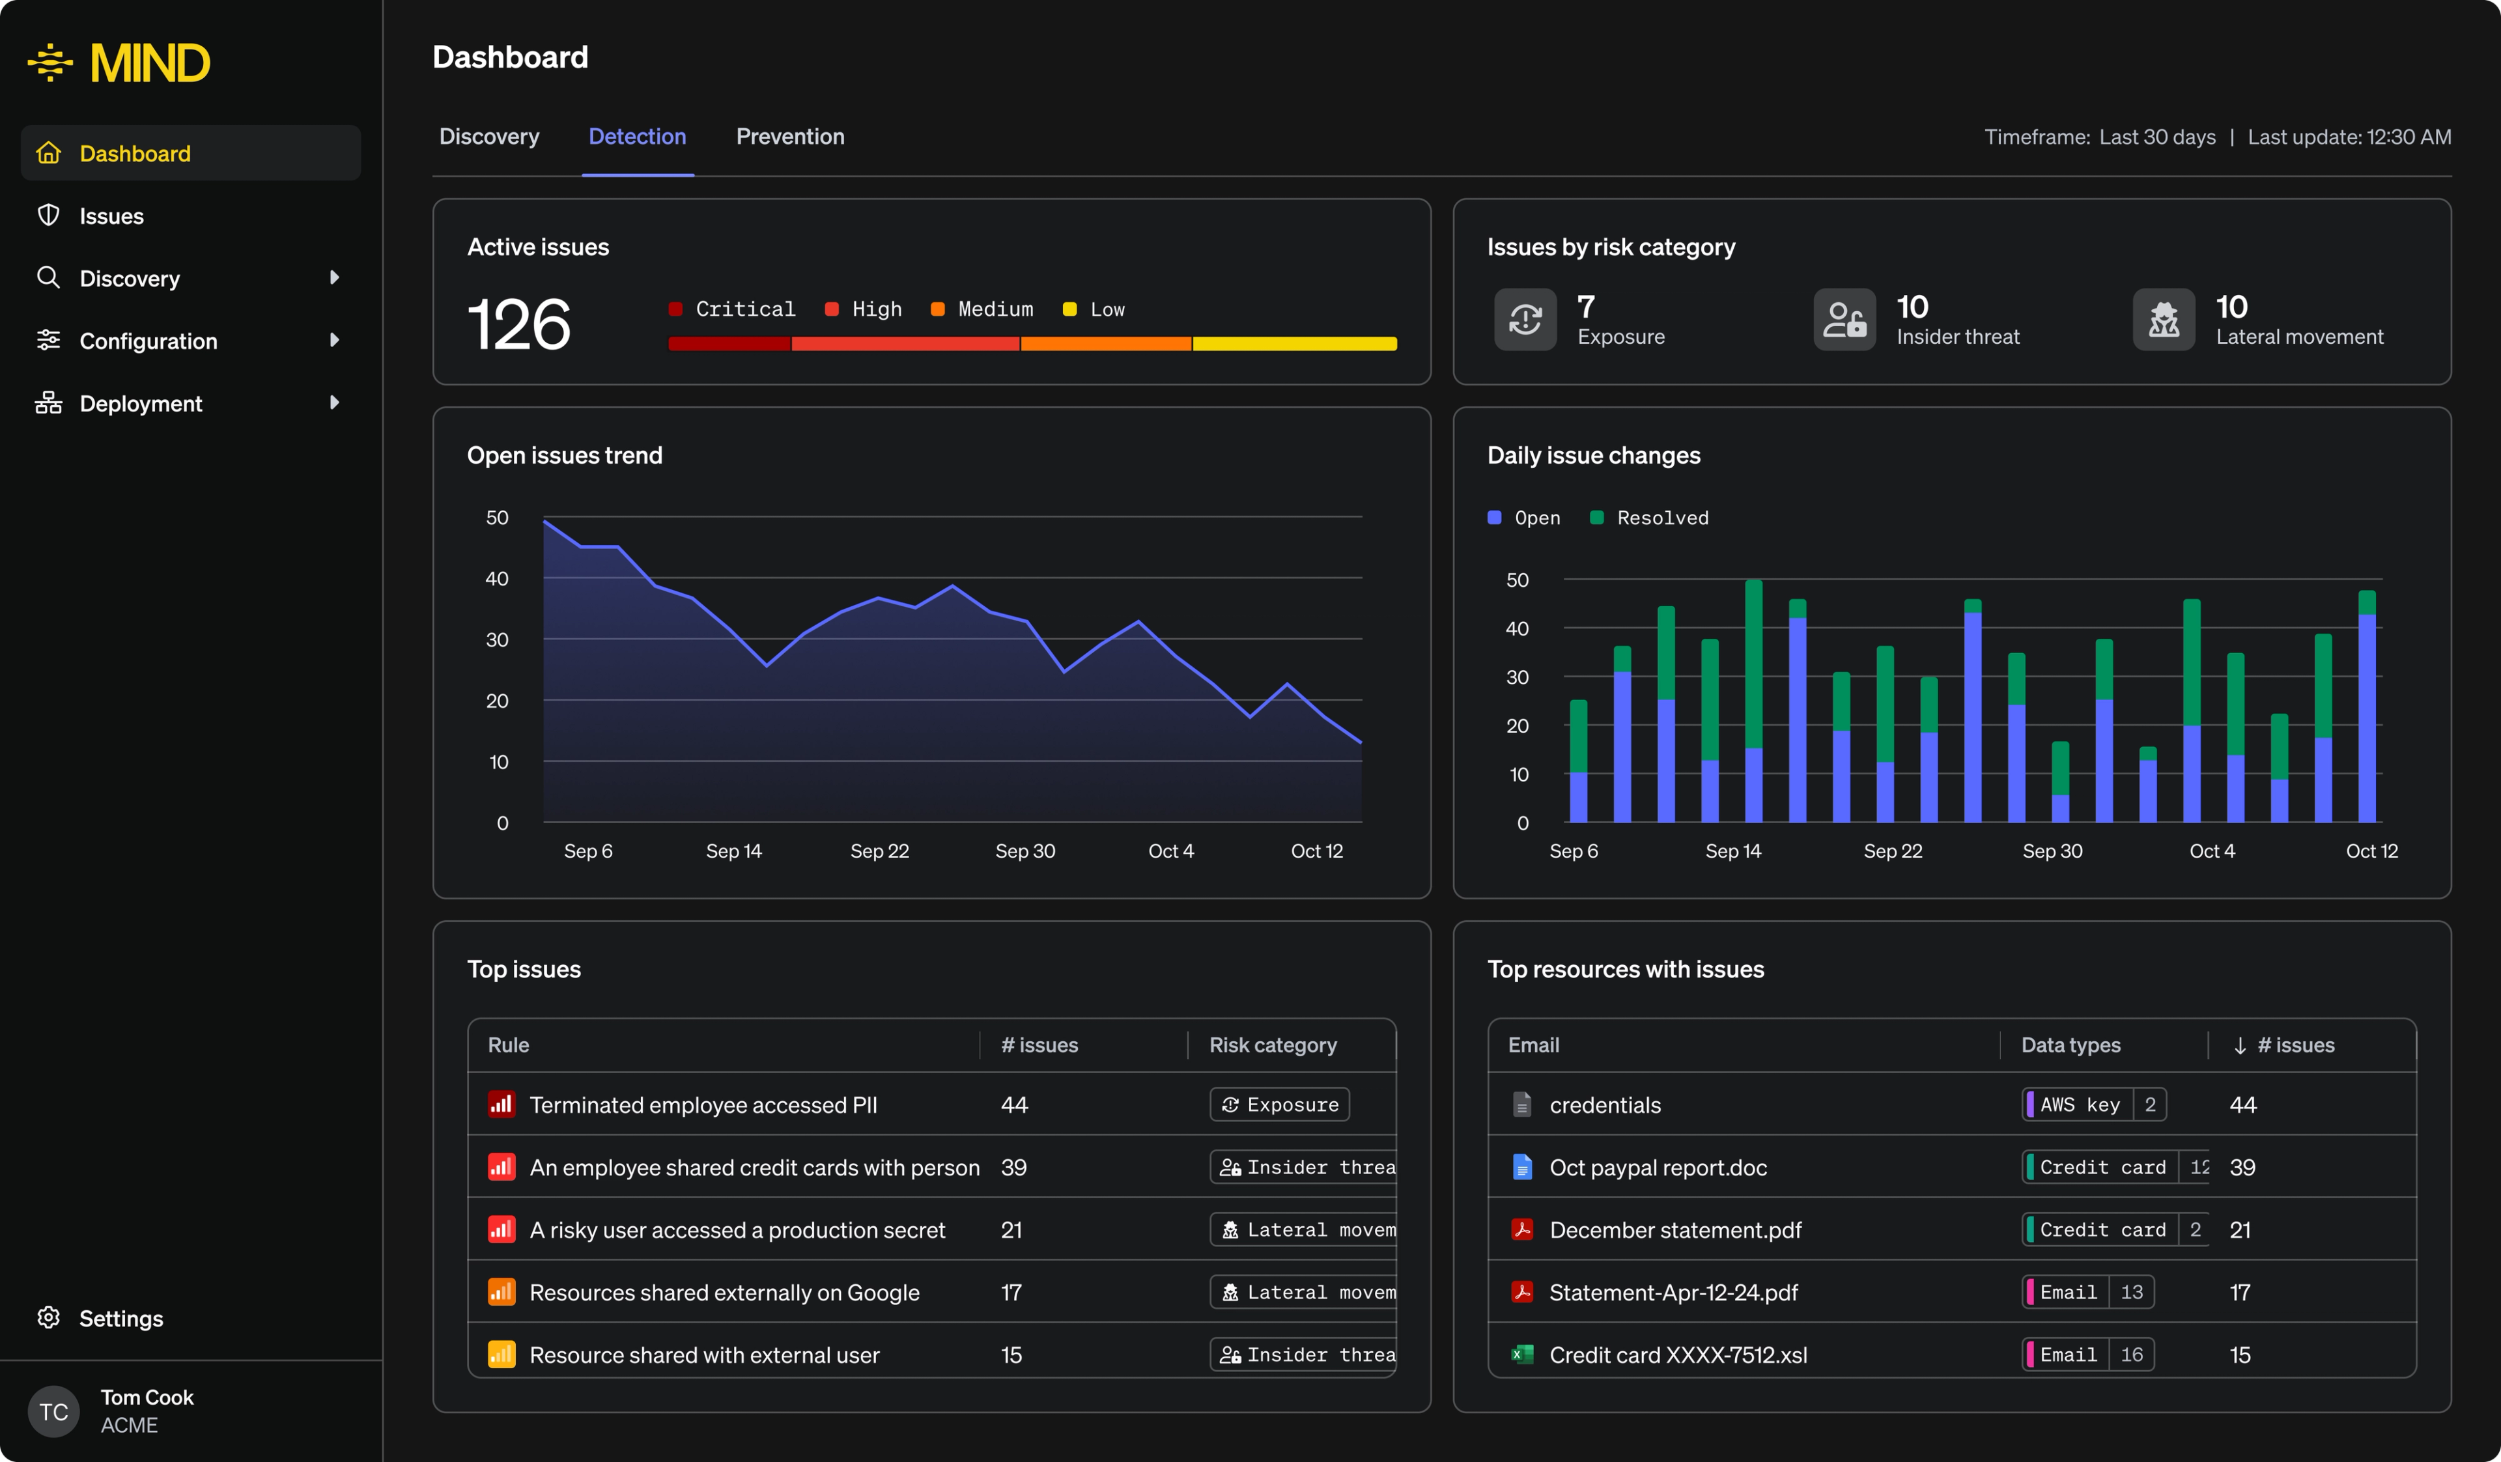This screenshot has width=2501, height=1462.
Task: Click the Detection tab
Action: click(637, 137)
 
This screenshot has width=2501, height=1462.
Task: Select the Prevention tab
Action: click(790, 137)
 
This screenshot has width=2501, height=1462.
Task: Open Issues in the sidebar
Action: click(111, 216)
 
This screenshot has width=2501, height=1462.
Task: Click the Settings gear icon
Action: click(49, 1317)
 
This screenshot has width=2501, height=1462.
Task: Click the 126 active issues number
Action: click(519, 324)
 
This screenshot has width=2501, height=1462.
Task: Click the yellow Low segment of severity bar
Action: click(1294, 343)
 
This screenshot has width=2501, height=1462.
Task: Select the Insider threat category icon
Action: click(1844, 320)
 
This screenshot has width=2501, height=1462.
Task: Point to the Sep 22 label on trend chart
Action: click(879, 850)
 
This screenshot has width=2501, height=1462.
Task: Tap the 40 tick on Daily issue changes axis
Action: click(1516, 628)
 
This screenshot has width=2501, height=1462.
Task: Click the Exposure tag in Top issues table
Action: click(1279, 1104)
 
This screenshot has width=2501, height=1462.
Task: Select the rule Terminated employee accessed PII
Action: click(703, 1104)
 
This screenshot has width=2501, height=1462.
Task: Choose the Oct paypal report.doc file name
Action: click(1658, 1167)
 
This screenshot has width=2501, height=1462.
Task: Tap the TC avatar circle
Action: click(53, 1411)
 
